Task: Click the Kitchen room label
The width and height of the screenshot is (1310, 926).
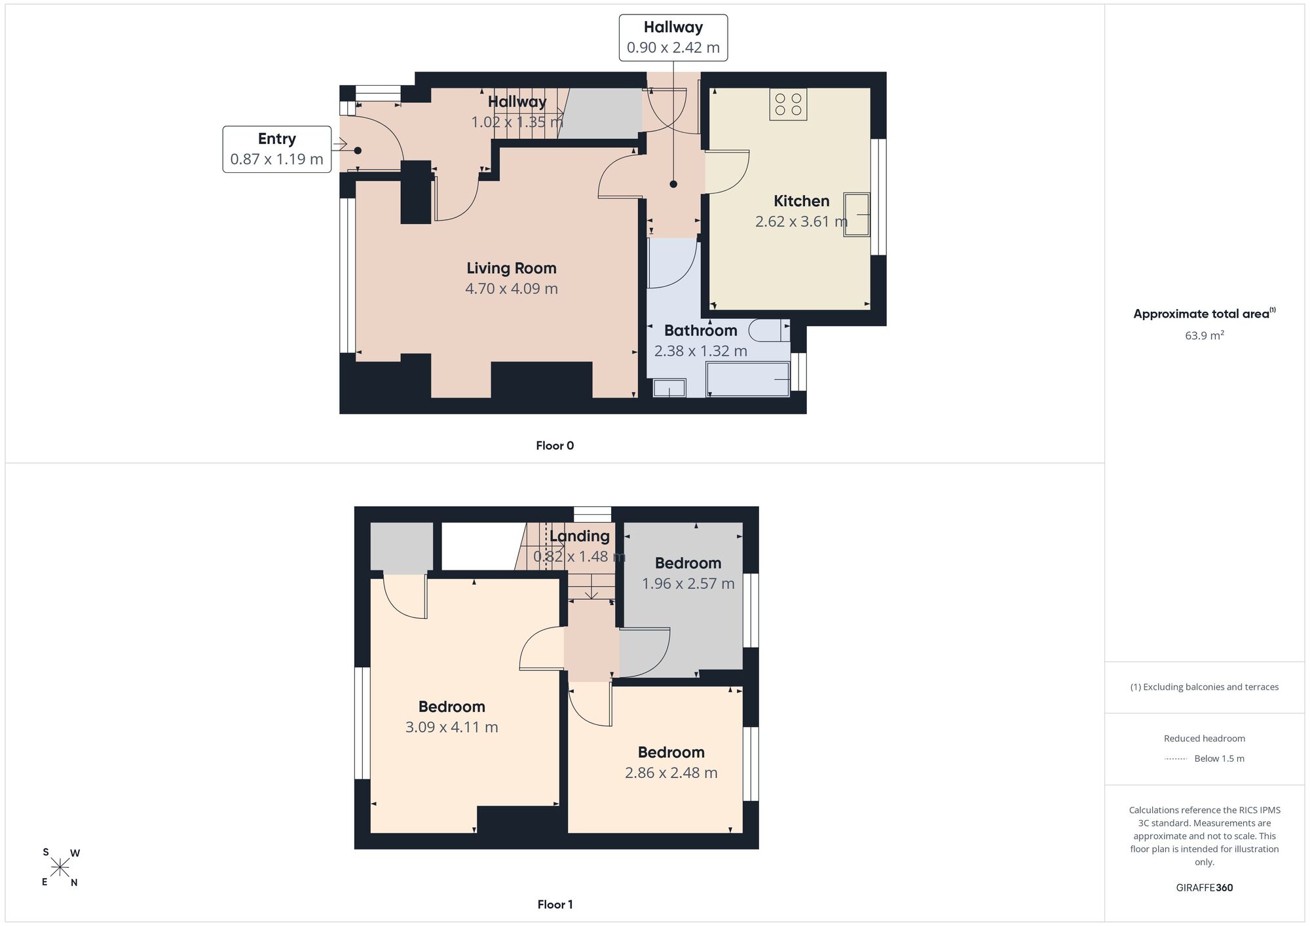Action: tap(801, 201)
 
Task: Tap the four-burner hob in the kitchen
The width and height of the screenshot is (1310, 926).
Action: tap(788, 104)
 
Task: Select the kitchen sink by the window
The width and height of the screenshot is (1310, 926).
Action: tap(857, 214)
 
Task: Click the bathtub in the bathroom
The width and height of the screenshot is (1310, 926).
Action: tap(748, 379)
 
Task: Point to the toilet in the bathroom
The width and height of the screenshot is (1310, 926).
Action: tap(770, 330)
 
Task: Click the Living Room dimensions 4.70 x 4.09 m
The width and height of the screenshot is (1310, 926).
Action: tap(512, 289)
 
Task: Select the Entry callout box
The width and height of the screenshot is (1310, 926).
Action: tap(276, 149)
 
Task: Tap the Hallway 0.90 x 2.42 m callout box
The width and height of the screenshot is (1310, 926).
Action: tap(673, 37)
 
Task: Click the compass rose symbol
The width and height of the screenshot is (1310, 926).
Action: tap(60, 868)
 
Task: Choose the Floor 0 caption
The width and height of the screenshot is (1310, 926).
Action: tap(555, 446)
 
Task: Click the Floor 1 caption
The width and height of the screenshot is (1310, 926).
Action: tap(555, 904)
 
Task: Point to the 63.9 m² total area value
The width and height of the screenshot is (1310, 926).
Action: tap(1205, 335)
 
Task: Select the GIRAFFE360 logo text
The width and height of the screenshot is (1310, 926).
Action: tap(1205, 888)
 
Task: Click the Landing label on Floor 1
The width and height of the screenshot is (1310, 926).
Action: tap(579, 536)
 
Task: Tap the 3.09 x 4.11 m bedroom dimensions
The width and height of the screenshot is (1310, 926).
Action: tap(452, 728)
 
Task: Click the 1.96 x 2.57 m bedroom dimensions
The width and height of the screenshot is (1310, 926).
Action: tap(688, 583)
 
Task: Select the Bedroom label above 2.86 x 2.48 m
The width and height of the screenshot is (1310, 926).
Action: tap(671, 752)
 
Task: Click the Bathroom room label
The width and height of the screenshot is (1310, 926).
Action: tap(701, 331)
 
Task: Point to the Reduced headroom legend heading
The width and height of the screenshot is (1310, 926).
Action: tap(1205, 739)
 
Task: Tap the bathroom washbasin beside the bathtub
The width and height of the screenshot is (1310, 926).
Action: tap(669, 388)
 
